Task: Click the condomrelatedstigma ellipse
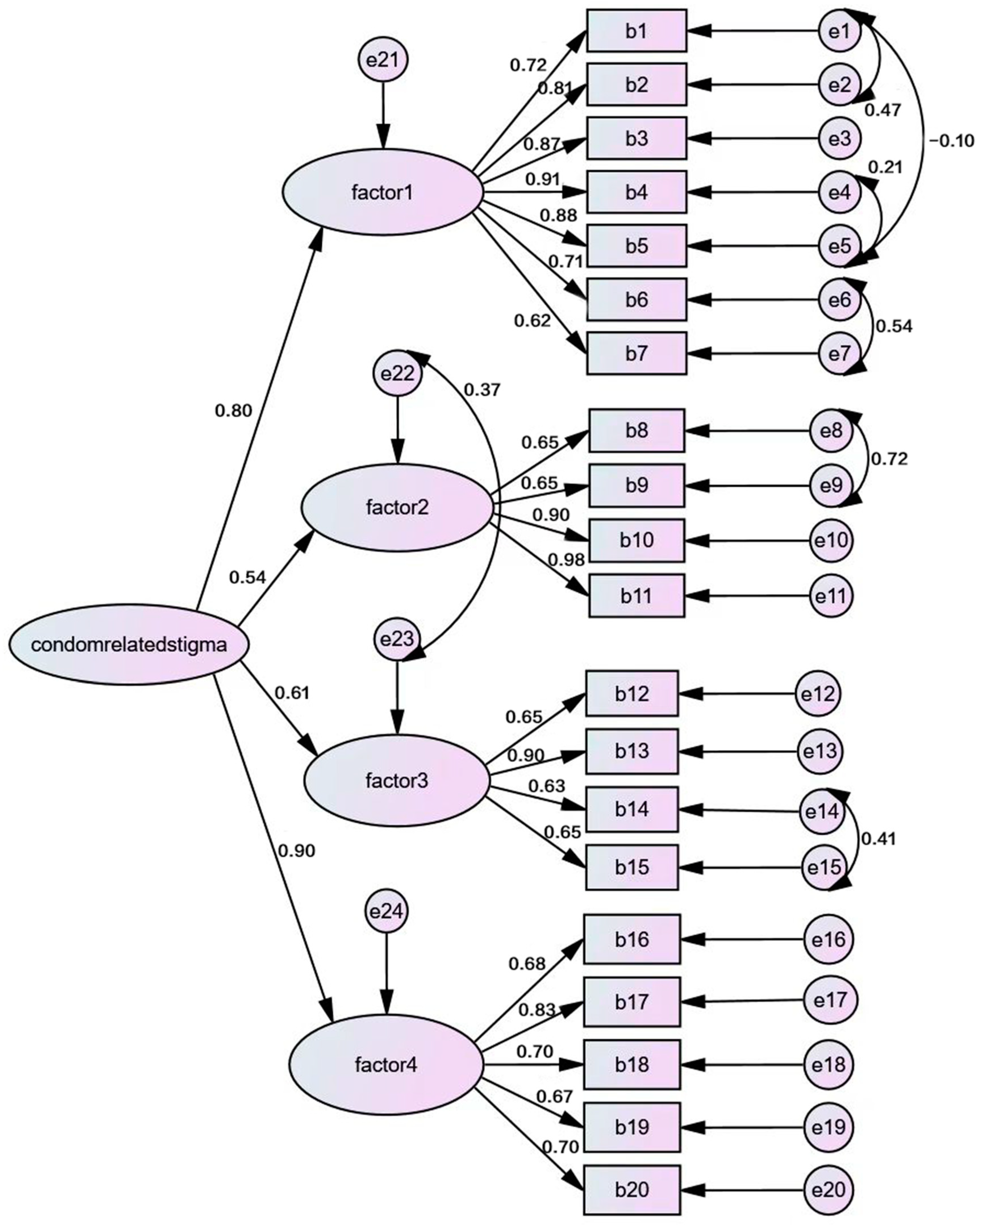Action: (129, 645)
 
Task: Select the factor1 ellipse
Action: (382, 193)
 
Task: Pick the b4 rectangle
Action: (636, 192)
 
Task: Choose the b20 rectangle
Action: (632, 1189)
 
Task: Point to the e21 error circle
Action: (383, 60)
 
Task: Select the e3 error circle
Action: (839, 138)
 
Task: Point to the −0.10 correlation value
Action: (951, 141)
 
